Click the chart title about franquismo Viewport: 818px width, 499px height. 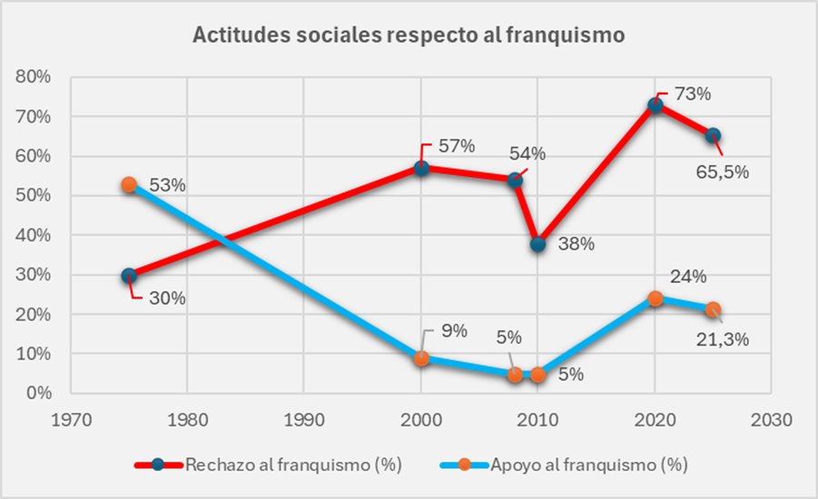[409, 36]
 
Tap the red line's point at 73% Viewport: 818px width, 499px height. [655, 105]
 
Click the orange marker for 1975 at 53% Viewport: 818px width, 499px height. [129, 184]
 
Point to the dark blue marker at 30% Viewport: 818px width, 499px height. [129, 276]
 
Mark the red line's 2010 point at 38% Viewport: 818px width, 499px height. [537, 244]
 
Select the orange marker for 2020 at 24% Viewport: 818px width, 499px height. [655, 298]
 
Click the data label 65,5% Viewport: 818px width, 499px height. [722, 171]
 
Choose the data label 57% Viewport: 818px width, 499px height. [456, 146]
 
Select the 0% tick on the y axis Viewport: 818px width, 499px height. [38, 394]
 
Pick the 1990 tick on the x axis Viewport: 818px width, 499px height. [304, 420]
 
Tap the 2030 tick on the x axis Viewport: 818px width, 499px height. [771, 420]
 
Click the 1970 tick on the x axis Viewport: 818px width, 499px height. [70, 420]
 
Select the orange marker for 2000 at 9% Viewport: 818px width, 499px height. [421, 358]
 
